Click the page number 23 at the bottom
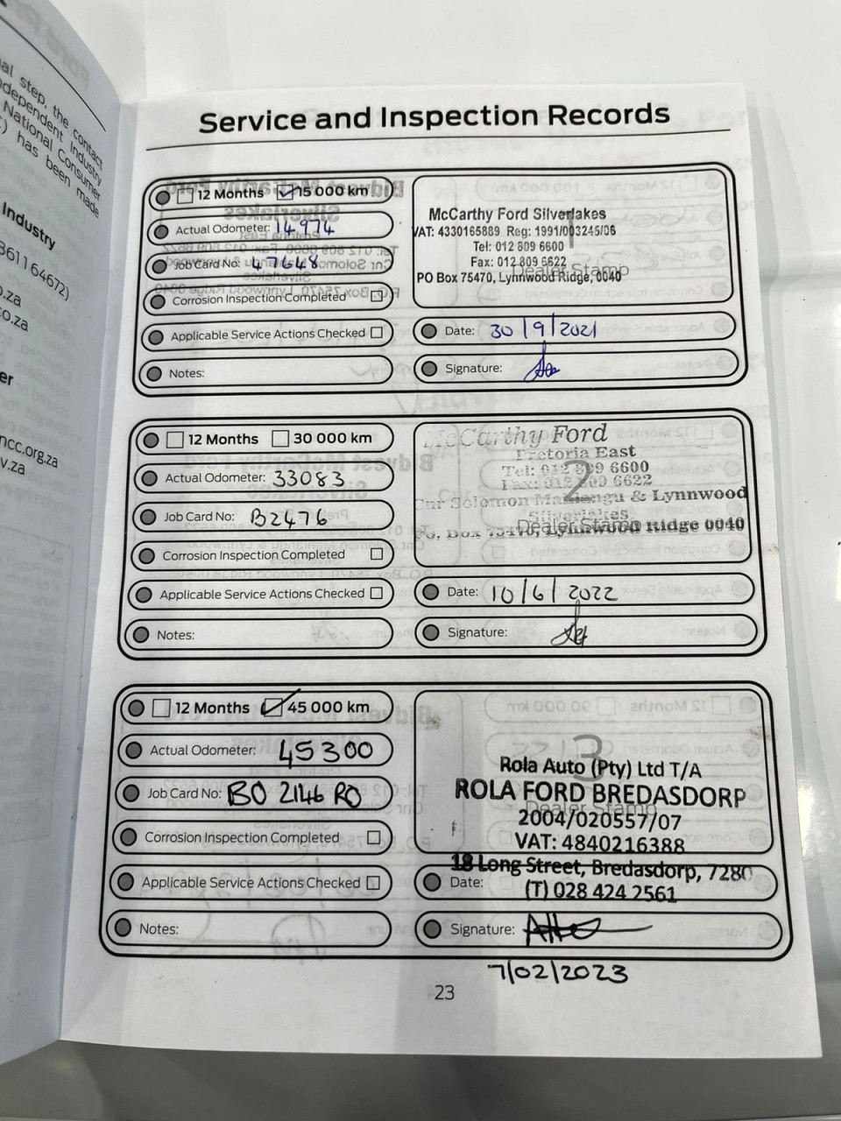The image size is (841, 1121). point(444,992)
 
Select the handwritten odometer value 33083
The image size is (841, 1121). point(307,478)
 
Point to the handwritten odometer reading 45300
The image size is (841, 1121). point(325,751)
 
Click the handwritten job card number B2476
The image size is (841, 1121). point(288,518)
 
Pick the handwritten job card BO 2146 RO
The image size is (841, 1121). point(293,794)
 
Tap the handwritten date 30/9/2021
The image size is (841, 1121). point(543,330)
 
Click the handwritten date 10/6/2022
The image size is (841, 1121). point(553,593)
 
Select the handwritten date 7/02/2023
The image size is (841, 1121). point(558,972)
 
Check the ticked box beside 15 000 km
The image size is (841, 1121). point(286,193)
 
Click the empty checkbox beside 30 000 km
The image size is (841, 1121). point(280,438)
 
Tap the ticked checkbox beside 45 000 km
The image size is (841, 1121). point(273,707)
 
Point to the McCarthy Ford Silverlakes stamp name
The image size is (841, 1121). point(517,215)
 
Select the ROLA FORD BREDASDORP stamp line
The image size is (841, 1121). point(599,793)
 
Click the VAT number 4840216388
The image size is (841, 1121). point(625,844)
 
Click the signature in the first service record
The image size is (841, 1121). point(541,367)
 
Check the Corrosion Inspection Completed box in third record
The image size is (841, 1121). point(374,837)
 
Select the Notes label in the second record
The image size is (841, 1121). point(175,635)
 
